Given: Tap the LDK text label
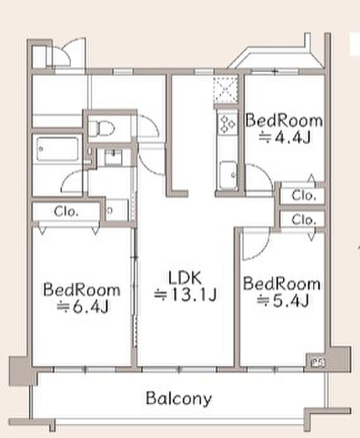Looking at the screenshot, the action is tap(185, 278).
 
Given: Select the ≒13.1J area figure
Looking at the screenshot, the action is tap(185, 295).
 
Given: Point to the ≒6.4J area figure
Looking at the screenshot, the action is tap(83, 307).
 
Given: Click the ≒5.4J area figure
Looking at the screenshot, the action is tap(282, 301).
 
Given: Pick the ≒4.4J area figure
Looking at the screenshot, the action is tap(285, 137).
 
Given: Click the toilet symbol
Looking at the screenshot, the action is tap(101, 128).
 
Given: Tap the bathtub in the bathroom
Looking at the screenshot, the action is tap(57, 149).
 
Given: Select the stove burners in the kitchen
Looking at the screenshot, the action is tap(227, 124).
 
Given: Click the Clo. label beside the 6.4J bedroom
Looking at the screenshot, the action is tap(66, 212).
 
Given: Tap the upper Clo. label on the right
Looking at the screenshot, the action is tap(304, 195).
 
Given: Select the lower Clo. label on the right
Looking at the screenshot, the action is tap(304, 220).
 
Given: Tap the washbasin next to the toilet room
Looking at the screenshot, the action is tap(113, 158).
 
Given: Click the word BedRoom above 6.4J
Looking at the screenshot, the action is tap(82, 290).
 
